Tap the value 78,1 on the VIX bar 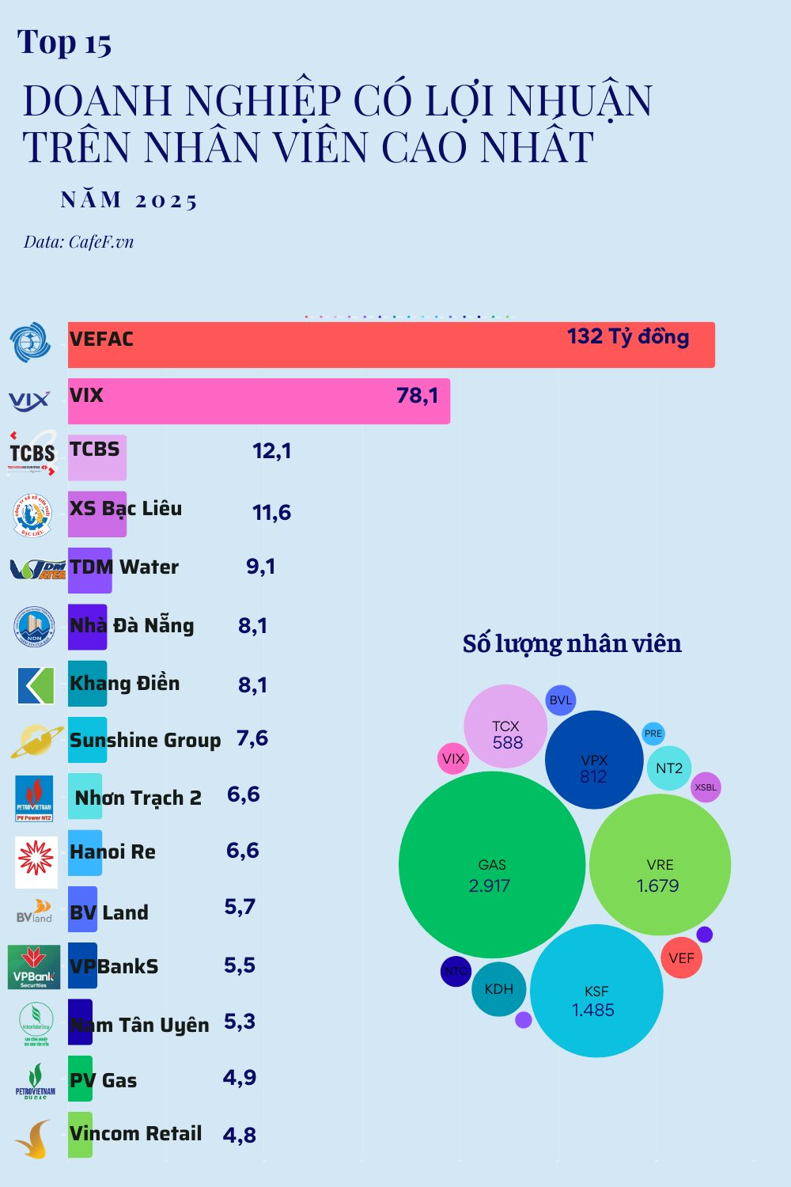[417, 395]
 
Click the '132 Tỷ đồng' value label [628, 336]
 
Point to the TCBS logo [32, 453]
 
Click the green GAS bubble [491, 865]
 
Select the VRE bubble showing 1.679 [660, 865]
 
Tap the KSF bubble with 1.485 [596, 991]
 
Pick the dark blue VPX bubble [593, 760]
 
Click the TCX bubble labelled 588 [505, 726]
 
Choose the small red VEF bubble [681, 958]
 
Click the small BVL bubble [560, 700]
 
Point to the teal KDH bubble [498, 989]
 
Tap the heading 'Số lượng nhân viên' [572, 643]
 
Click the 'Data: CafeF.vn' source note [78, 242]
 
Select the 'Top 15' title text [64, 44]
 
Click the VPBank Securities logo [34, 967]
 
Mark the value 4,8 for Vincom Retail [239, 1136]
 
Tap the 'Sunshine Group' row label [145, 741]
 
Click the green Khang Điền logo [36, 685]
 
